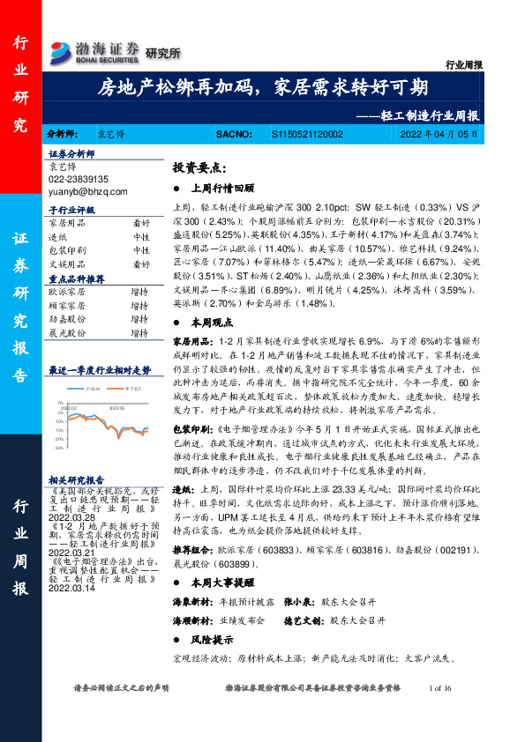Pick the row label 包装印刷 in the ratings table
[x=66, y=250]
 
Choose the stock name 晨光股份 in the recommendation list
[x=66, y=333]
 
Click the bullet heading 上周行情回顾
[x=222, y=188]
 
